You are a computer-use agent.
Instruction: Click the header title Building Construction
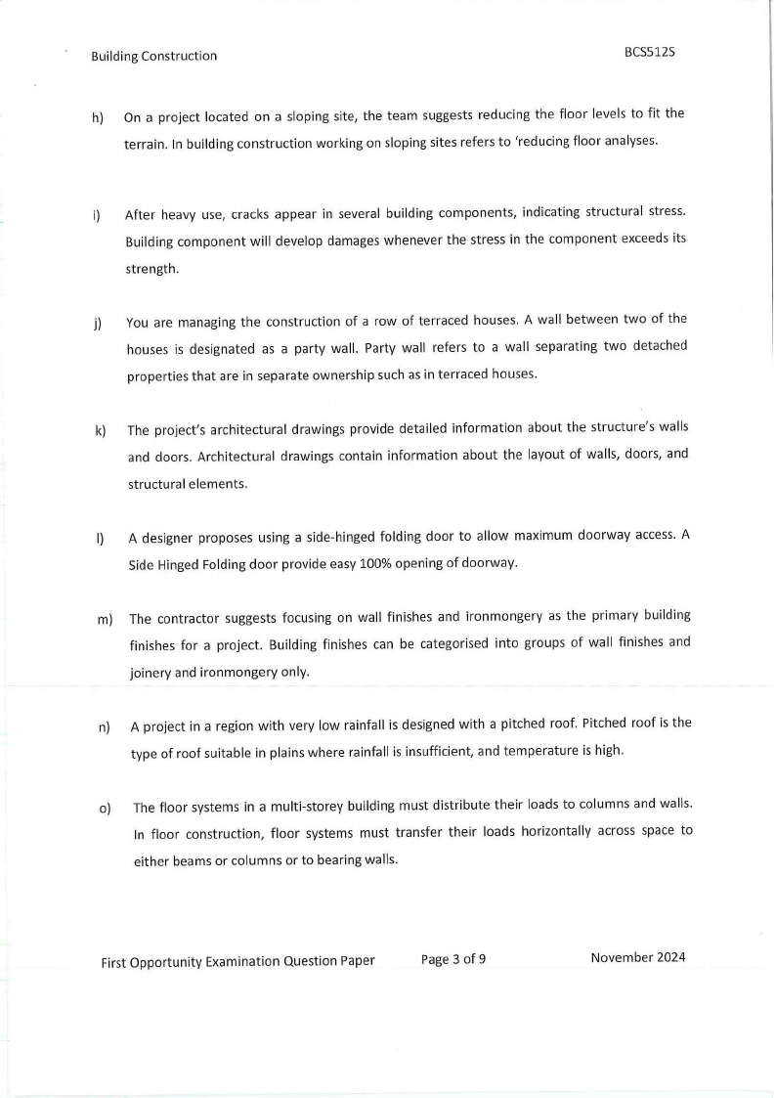tap(154, 56)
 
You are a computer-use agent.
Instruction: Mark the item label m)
tap(104, 619)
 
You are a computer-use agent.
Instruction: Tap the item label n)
tap(104, 727)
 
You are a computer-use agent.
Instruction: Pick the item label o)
tap(105, 809)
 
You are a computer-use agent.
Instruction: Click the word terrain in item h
tap(147, 142)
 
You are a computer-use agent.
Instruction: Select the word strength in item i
tap(151, 269)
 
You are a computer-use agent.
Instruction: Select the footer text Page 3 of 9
tap(453, 959)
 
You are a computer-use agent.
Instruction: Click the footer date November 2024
tap(638, 957)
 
